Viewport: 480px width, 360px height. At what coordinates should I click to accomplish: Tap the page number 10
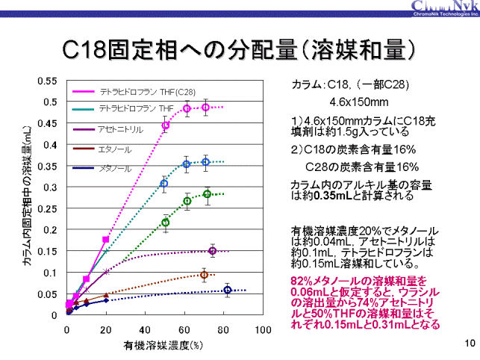468,343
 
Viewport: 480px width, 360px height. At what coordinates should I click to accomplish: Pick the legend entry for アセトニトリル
116,128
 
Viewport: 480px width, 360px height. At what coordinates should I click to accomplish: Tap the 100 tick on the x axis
262,329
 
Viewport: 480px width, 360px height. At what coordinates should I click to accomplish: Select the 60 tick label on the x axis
184,329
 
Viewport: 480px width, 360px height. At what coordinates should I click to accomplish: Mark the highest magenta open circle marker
206,108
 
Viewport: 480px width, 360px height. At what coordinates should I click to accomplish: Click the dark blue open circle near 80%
228,291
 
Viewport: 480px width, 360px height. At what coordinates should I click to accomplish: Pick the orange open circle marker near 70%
204,276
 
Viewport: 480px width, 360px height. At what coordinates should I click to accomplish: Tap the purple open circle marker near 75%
213,251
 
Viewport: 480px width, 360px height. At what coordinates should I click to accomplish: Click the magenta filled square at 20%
105,239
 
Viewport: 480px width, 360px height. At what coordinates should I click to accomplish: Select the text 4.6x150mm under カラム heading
358,102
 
